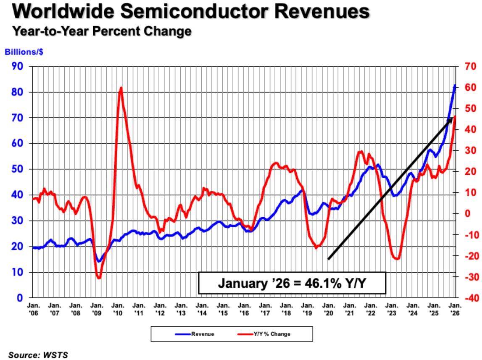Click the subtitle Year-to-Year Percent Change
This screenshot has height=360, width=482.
pos(102,31)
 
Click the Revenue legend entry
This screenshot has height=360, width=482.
pos(195,334)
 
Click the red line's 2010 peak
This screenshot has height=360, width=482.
pos(121,88)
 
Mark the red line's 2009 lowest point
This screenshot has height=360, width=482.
pos(99,278)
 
